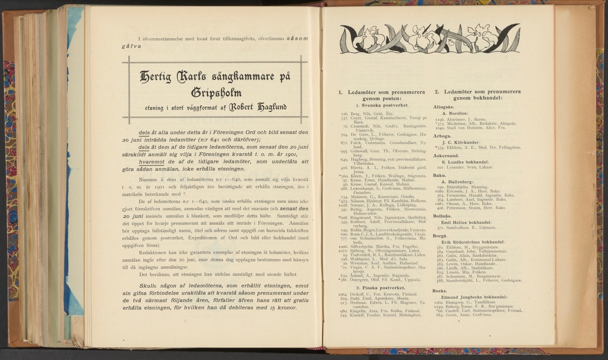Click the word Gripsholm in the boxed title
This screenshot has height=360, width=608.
click(x=216, y=93)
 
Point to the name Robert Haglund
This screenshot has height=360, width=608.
click(x=258, y=107)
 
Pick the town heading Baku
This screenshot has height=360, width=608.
click(x=439, y=175)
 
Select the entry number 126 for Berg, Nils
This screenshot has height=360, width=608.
click(x=344, y=114)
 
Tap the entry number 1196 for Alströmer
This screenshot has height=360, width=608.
click(x=439, y=119)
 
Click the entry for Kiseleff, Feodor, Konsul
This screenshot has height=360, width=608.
click(x=385, y=315)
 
